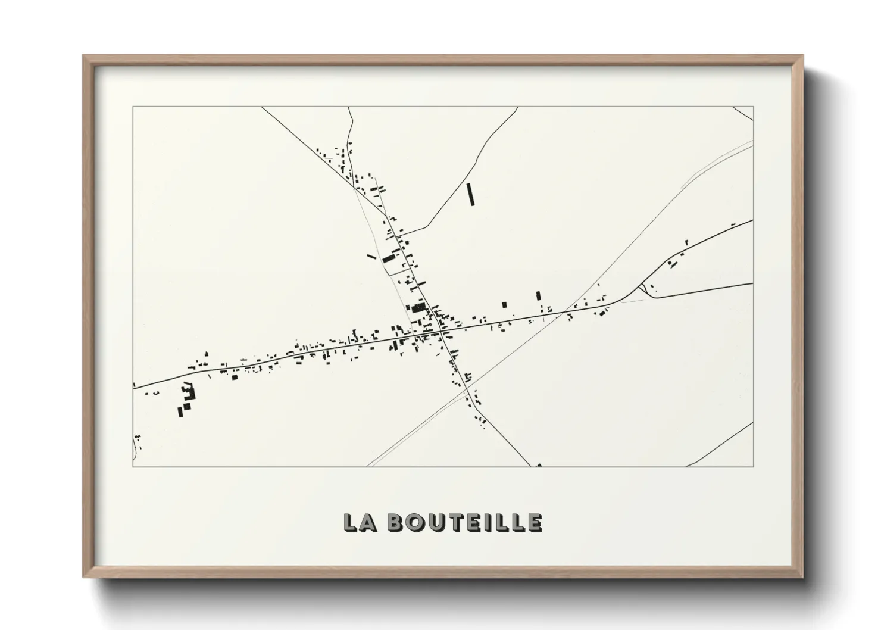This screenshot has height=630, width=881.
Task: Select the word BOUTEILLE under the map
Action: [x=464, y=522]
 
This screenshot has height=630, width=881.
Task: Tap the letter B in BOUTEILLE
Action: [x=395, y=522]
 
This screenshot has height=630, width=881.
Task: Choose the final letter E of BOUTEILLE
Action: [x=534, y=522]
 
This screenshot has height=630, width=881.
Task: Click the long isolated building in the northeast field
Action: [x=471, y=194]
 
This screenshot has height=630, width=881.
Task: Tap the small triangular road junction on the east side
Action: [x=642, y=289]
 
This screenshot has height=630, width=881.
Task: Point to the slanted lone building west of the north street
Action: [x=371, y=257]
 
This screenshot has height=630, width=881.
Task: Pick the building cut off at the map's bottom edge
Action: [x=539, y=465]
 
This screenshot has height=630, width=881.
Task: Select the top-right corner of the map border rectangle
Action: [x=754, y=107]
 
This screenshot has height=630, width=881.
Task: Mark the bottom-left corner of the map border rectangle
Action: [x=133, y=466]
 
